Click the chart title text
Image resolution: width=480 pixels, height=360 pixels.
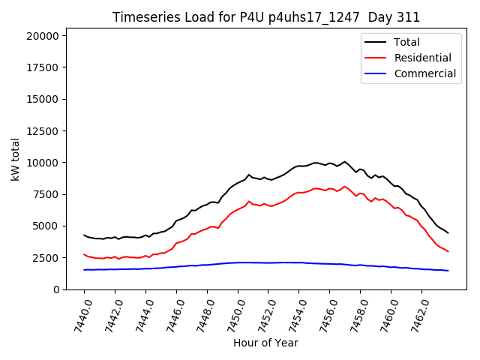coord(266,17)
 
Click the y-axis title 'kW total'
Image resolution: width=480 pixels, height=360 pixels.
coord(16,160)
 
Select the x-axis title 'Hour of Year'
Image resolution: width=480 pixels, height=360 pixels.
coord(265,343)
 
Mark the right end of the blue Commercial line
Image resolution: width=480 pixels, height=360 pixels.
coord(448,271)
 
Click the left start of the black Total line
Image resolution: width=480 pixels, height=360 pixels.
coord(84,235)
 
